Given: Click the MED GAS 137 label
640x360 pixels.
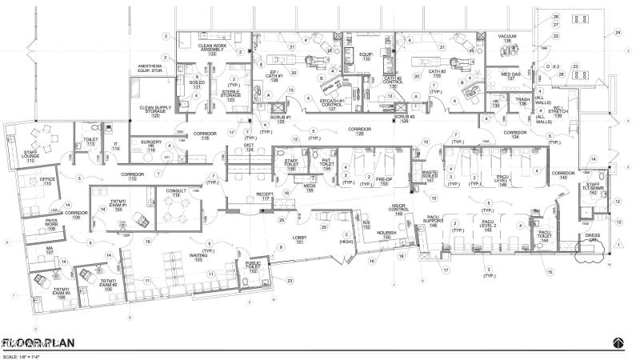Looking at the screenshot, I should click(x=511, y=76).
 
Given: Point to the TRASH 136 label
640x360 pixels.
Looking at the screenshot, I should click(x=522, y=102).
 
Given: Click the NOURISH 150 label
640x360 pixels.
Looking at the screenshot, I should click(x=386, y=235).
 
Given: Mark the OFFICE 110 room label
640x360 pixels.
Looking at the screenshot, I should click(x=48, y=182).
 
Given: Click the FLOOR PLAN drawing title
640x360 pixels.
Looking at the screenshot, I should click(x=40, y=342).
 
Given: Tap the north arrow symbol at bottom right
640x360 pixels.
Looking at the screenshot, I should click(x=618, y=342).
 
